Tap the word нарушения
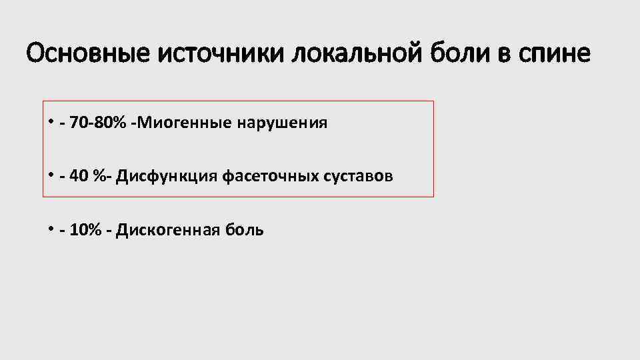tap(281, 124)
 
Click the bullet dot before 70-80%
tap(50, 122)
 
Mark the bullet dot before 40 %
tap(50, 175)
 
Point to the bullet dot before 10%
tap(50, 229)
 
